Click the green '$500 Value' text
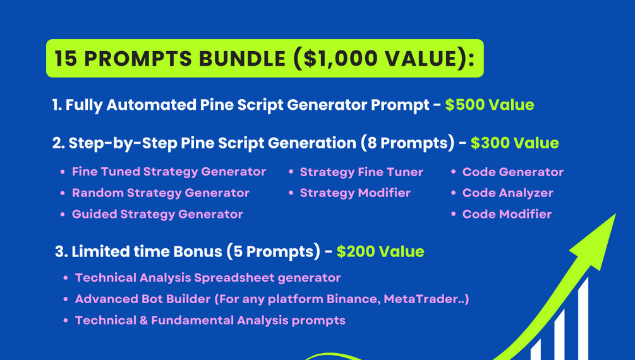click(490, 105)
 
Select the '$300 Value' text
click(515, 143)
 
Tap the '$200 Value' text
click(380, 251)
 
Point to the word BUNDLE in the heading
click(242, 58)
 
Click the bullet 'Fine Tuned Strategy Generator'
click(169, 172)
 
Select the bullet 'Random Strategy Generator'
click(160, 193)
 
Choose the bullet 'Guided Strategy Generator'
click(157, 214)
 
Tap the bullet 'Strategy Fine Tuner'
click(361, 172)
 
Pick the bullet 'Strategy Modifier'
click(355, 193)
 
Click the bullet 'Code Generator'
click(512, 172)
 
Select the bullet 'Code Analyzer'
click(508, 193)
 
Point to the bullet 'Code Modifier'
click(507, 214)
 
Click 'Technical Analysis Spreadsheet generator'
click(208, 278)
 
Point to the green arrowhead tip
click(615, 214)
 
